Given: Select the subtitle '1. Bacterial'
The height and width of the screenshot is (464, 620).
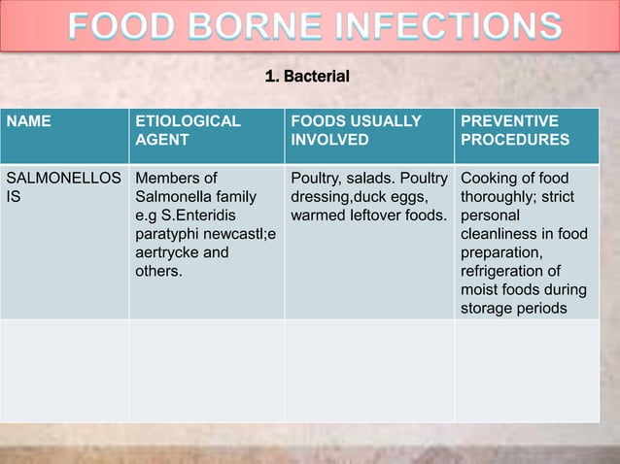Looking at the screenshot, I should tap(307, 76).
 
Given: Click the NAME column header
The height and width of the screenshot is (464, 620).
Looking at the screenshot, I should tap(29, 121).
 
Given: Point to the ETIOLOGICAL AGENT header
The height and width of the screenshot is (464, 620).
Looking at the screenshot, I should tap(188, 130).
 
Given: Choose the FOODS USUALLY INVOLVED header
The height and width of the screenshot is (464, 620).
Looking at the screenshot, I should tap(356, 130).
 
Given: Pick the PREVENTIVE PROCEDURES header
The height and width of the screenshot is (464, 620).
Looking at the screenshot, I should tap(514, 130).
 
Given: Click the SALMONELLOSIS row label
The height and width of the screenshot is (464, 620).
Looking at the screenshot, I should tap(63, 187).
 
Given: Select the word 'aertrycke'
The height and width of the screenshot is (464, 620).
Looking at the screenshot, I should tap(168, 252).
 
